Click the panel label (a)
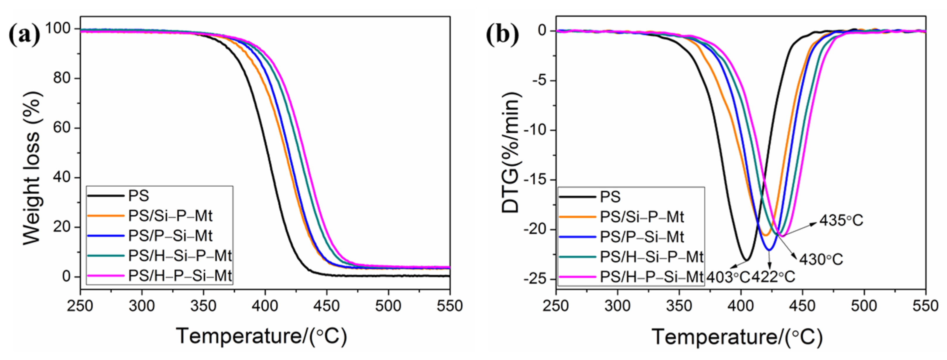pos(24,35)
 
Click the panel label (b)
pos(502,35)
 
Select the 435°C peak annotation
pos(841,220)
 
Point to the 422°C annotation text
pos(773,277)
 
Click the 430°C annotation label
pos(821,260)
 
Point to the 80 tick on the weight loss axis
pos(62,78)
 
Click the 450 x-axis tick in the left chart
pos(327,306)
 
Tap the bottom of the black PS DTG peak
pos(746,260)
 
